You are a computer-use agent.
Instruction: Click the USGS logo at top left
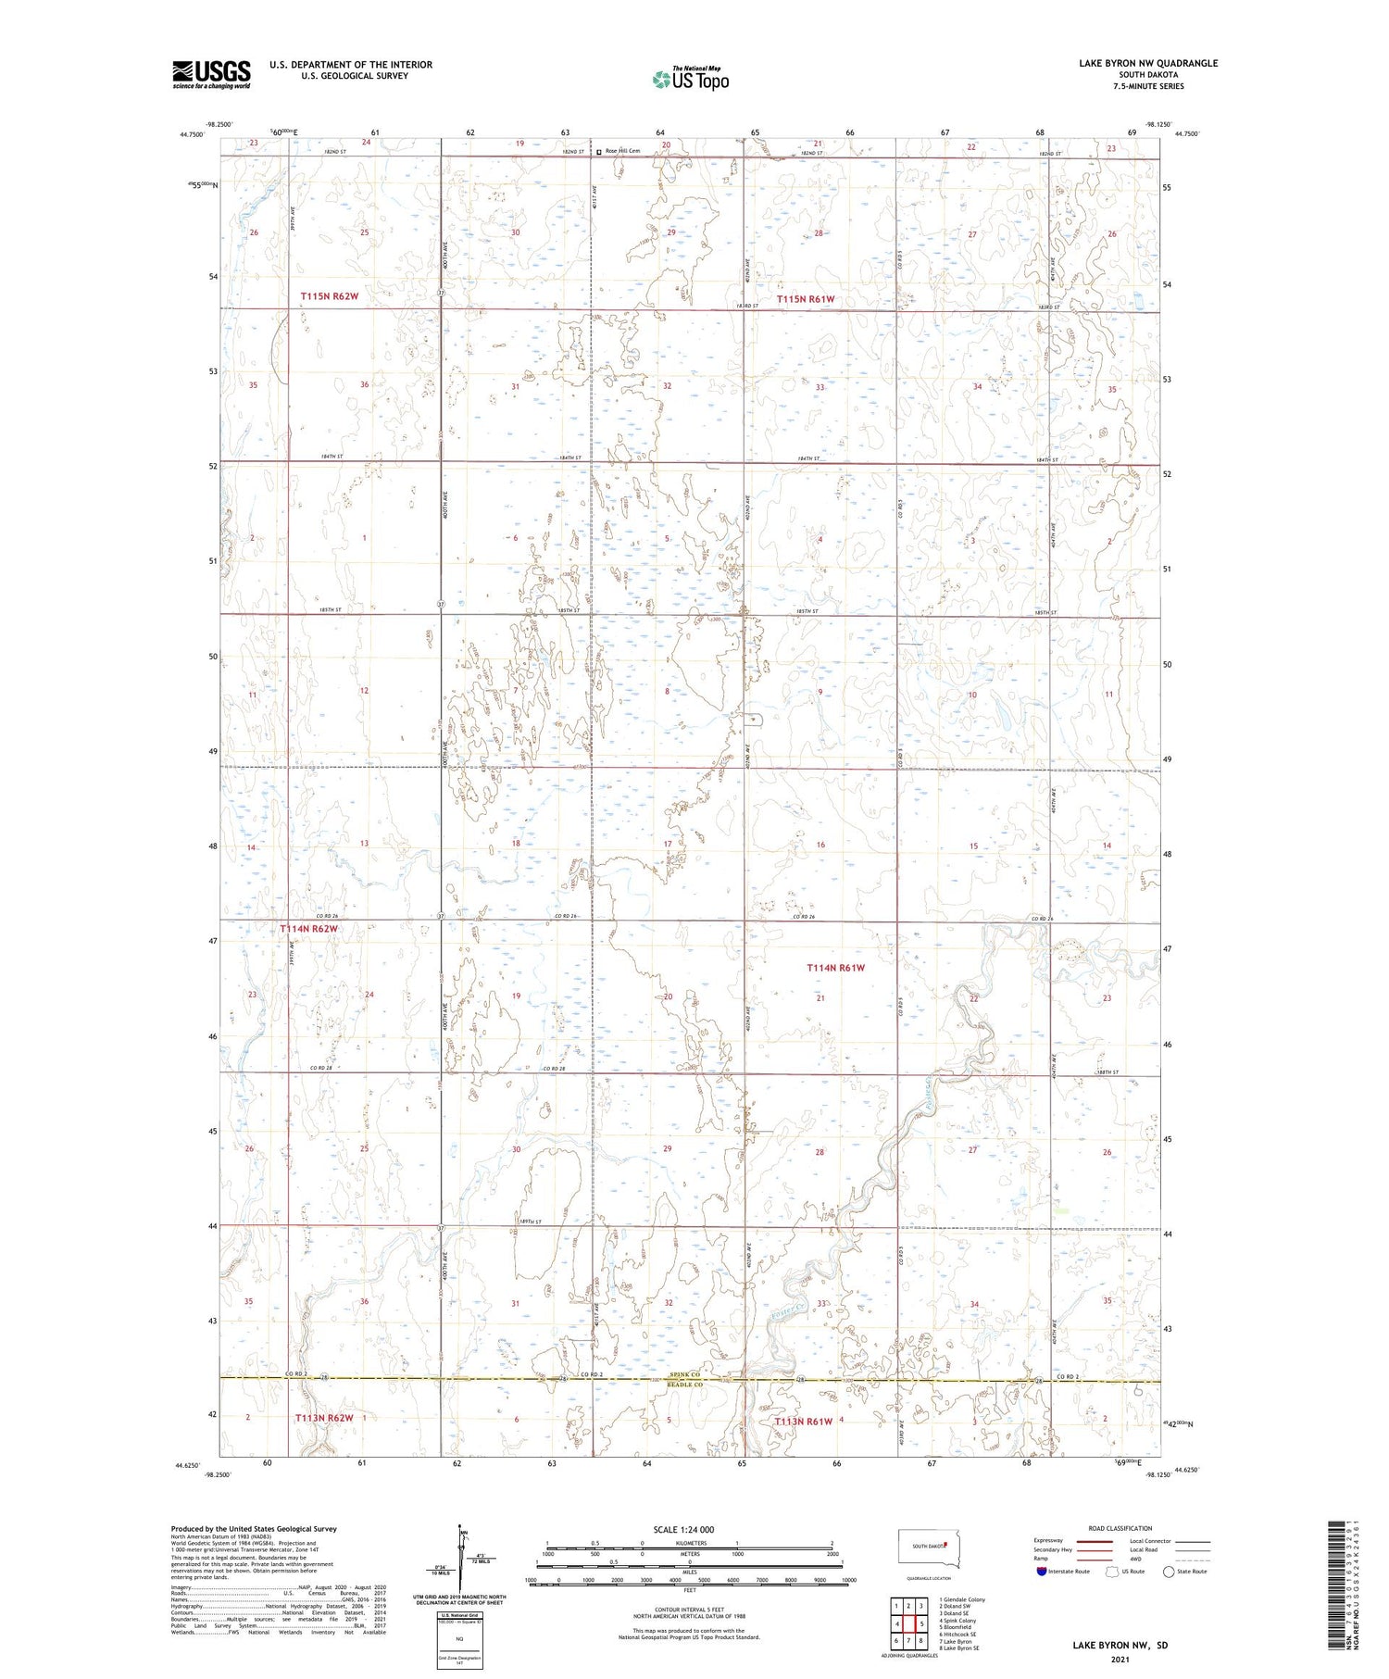[211, 74]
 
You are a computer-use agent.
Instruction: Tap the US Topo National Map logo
[691, 79]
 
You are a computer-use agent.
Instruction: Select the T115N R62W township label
[329, 296]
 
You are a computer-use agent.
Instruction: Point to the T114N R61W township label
[835, 968]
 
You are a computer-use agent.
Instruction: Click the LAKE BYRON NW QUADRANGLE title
[1148, 63]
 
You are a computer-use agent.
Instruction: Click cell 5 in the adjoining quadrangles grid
[921, 1623]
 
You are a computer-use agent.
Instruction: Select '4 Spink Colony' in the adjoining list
[958, 1620]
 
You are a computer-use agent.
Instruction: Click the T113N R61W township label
[804, 1421]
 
